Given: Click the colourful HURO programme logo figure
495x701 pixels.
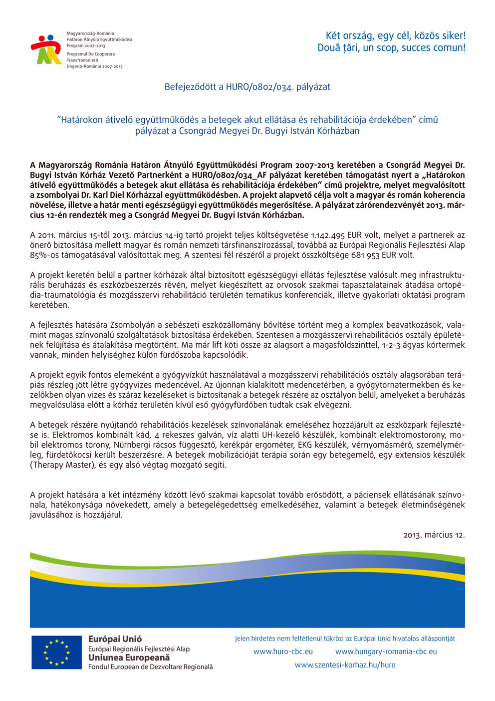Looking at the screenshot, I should click(46, 49).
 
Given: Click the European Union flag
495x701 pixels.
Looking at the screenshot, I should click(56, 653).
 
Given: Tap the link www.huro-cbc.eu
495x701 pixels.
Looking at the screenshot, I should click(283, 652).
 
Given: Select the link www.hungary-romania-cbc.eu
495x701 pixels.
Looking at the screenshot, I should click(386, 652).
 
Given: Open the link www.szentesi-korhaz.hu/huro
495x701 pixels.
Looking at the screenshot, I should click(345, 665).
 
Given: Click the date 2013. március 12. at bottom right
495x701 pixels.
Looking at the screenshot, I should click(434, 535).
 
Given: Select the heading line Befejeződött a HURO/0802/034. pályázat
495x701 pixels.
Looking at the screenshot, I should click(247, 87).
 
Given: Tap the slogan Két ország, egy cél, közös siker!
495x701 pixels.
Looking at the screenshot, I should click(395, 35).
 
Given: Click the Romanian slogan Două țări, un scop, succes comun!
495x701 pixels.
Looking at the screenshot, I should click(391, 48).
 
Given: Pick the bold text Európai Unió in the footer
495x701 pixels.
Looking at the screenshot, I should click(115, 639).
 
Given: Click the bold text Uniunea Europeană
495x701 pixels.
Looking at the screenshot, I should click(129, 658).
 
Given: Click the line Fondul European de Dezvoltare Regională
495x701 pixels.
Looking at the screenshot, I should click(150, 667).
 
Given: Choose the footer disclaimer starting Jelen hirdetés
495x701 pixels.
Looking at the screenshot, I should click(345, 639).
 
